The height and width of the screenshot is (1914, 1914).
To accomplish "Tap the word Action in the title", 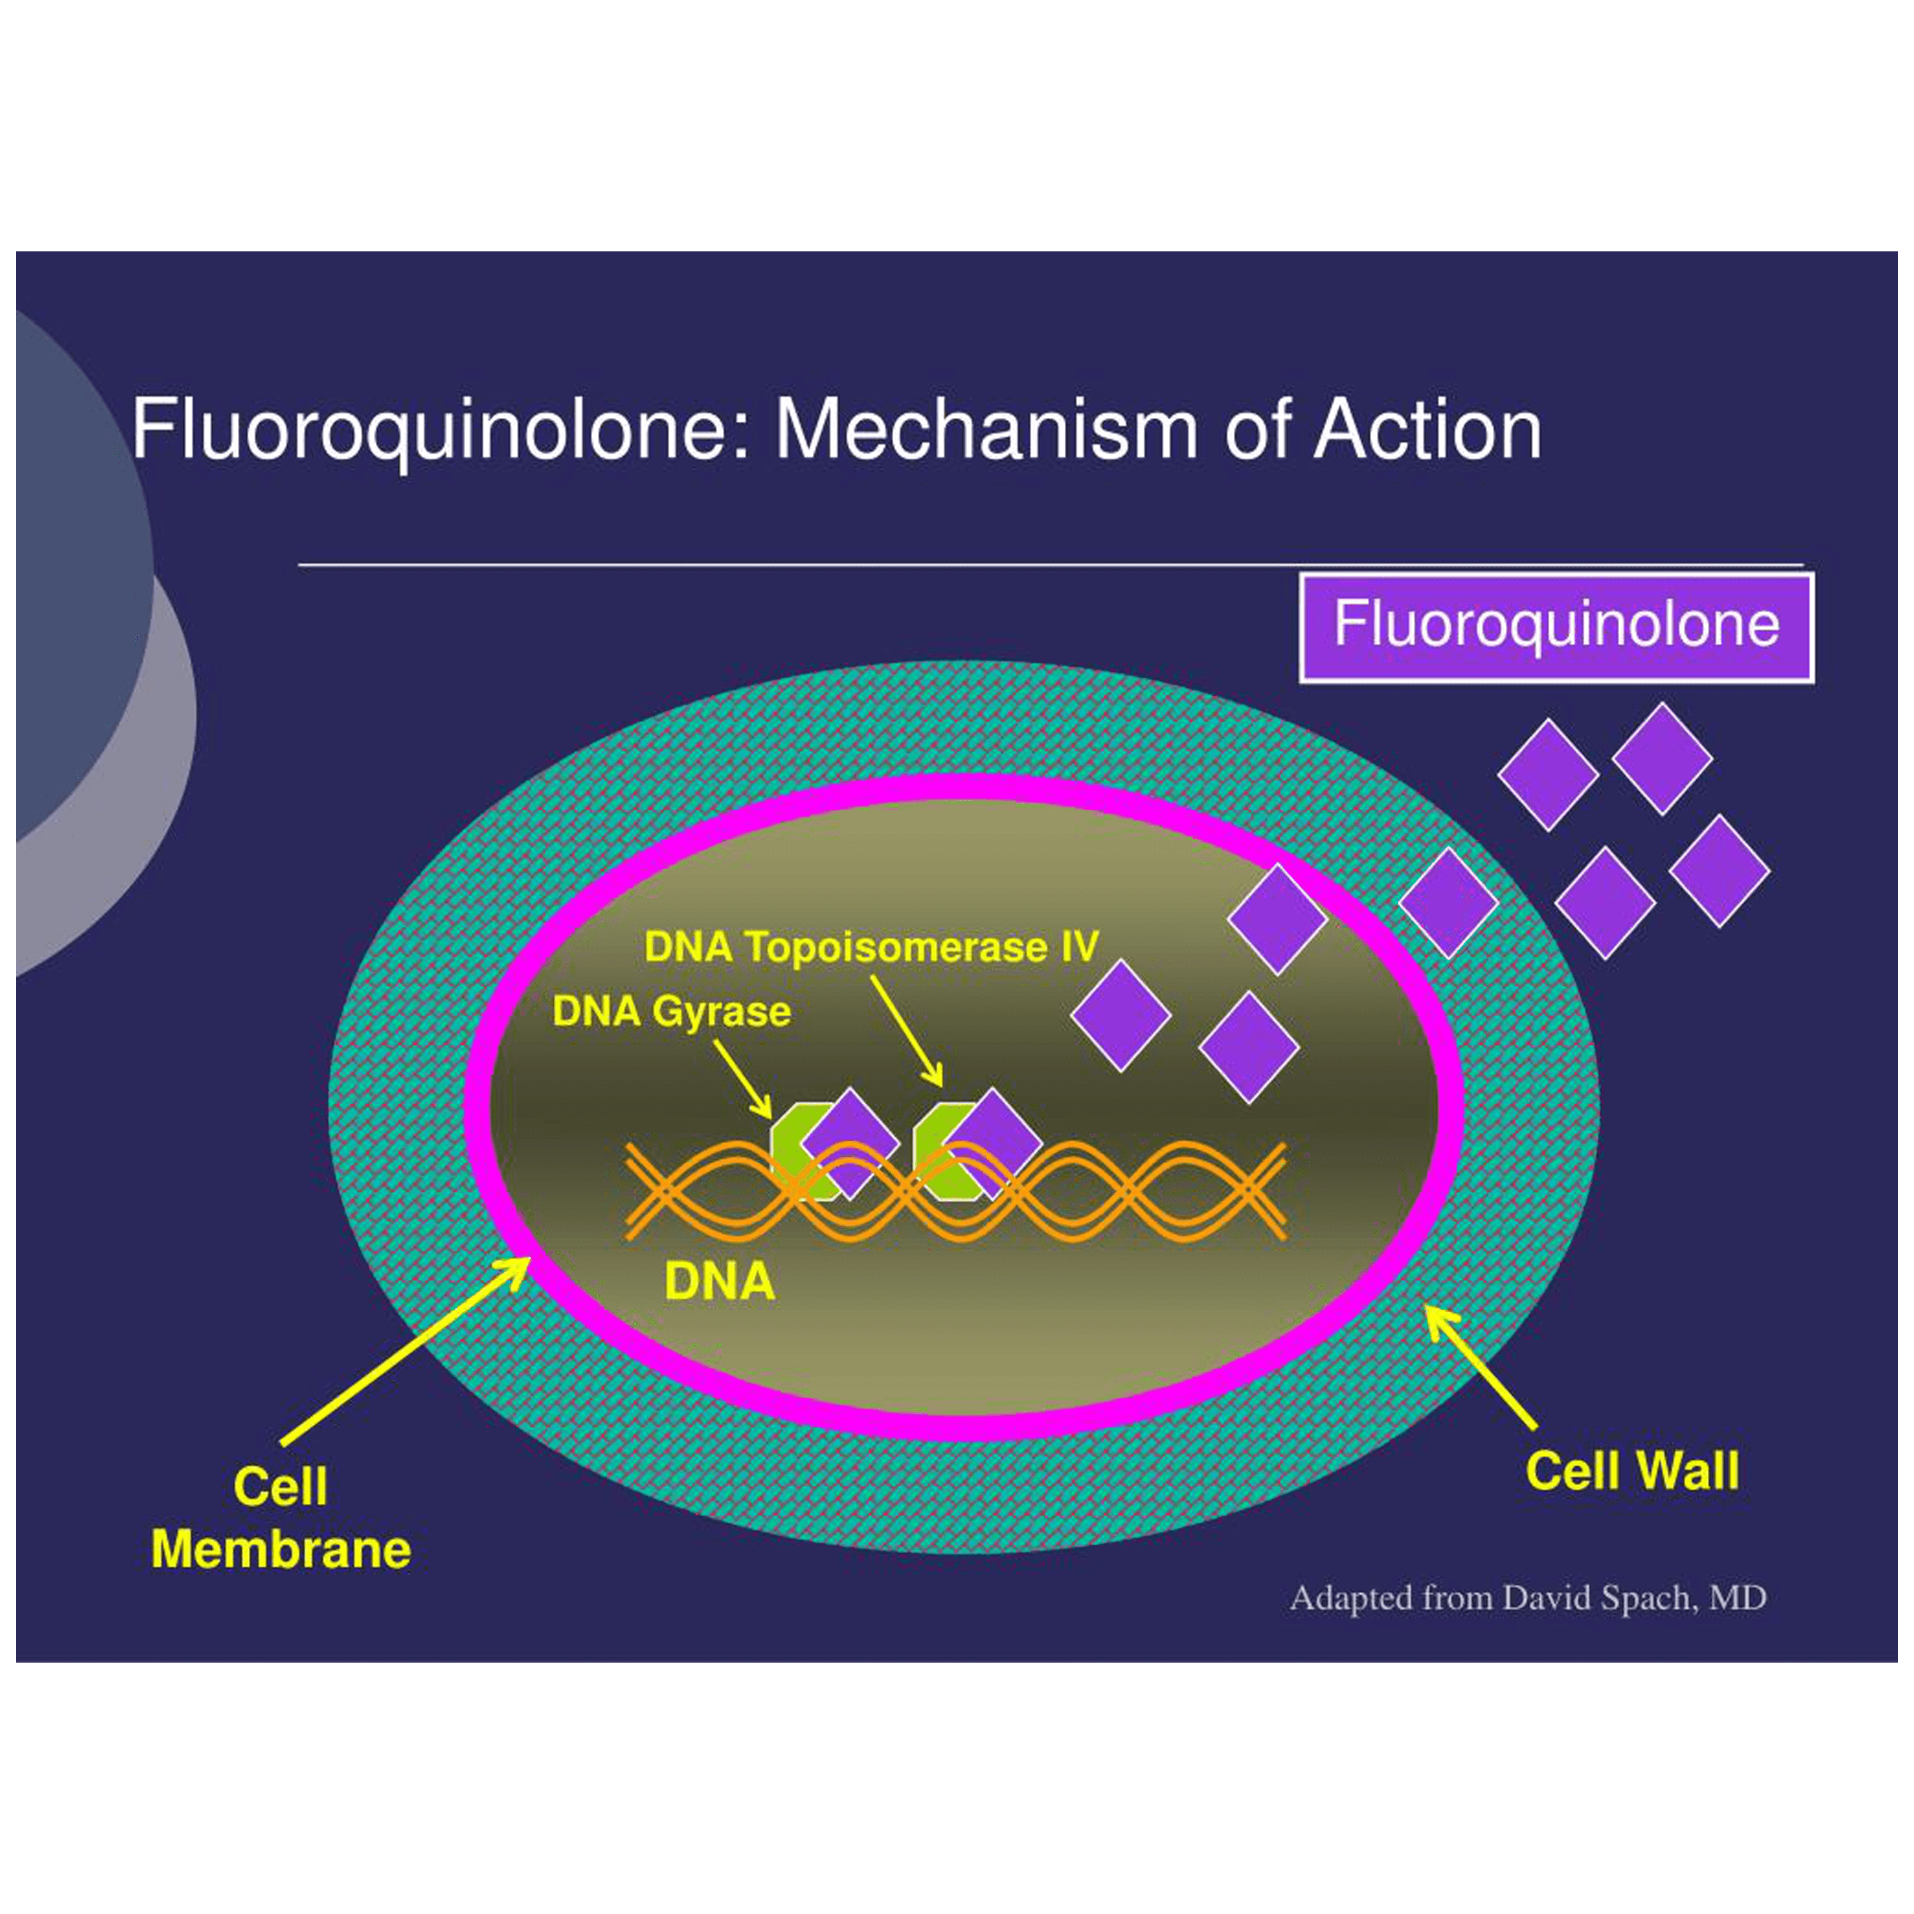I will (x=1427, y=430).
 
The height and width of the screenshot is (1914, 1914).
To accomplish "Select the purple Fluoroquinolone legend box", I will (x=1556, y=627).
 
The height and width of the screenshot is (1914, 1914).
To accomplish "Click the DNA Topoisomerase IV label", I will (x=871, y=946).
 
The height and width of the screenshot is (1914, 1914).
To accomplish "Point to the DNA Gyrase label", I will (x=672, y=1011).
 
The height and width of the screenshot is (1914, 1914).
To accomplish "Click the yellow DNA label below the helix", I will (x=719, y=1281).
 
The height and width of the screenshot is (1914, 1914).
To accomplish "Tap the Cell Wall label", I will (x=1631, y=1470).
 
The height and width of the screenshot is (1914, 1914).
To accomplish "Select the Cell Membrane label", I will (x=280, y=1518).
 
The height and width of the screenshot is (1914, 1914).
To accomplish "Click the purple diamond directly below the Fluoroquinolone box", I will (x=1661, y=759).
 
